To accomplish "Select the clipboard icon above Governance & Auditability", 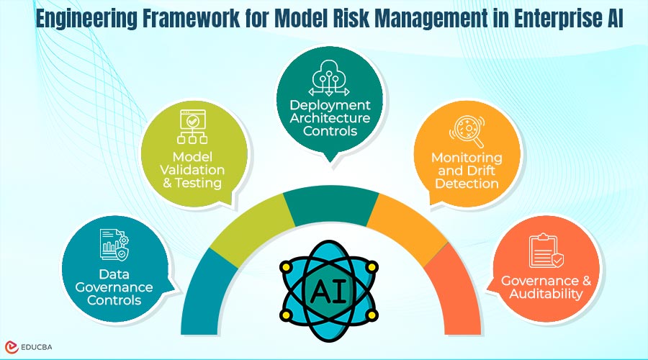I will point(546,251).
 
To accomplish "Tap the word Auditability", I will point(545,294).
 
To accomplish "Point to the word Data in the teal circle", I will point(114,274).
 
